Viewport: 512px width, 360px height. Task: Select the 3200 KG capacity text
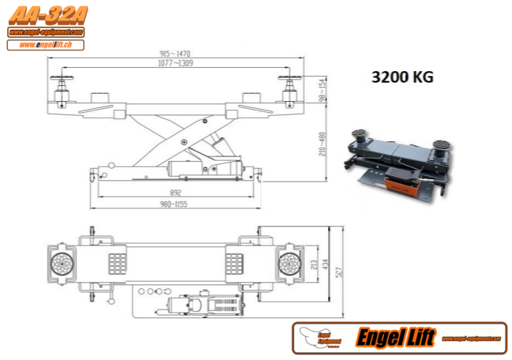[x=402, y=78]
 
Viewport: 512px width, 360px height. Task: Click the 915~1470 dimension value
[x=175, y=53]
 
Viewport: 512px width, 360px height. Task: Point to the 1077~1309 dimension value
[x=175, y=63]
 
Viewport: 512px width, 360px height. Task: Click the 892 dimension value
[x=176, y=192]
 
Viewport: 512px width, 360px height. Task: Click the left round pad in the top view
[x=62, y=263]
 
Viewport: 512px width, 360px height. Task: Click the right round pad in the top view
[x=288, y=263]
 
